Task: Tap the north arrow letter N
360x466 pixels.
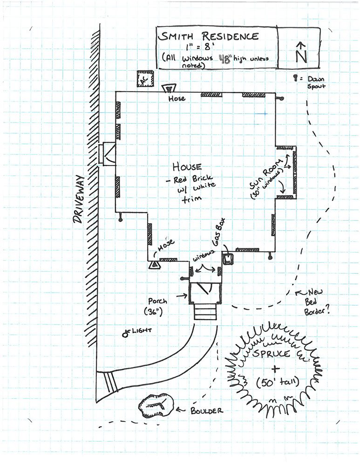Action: click(301, 54)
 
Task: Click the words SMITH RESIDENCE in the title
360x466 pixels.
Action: click(208, 36)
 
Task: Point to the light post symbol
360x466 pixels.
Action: click(125, 334)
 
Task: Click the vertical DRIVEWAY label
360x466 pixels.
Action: click(79, 200)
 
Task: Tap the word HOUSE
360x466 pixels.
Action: click(187, 167)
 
